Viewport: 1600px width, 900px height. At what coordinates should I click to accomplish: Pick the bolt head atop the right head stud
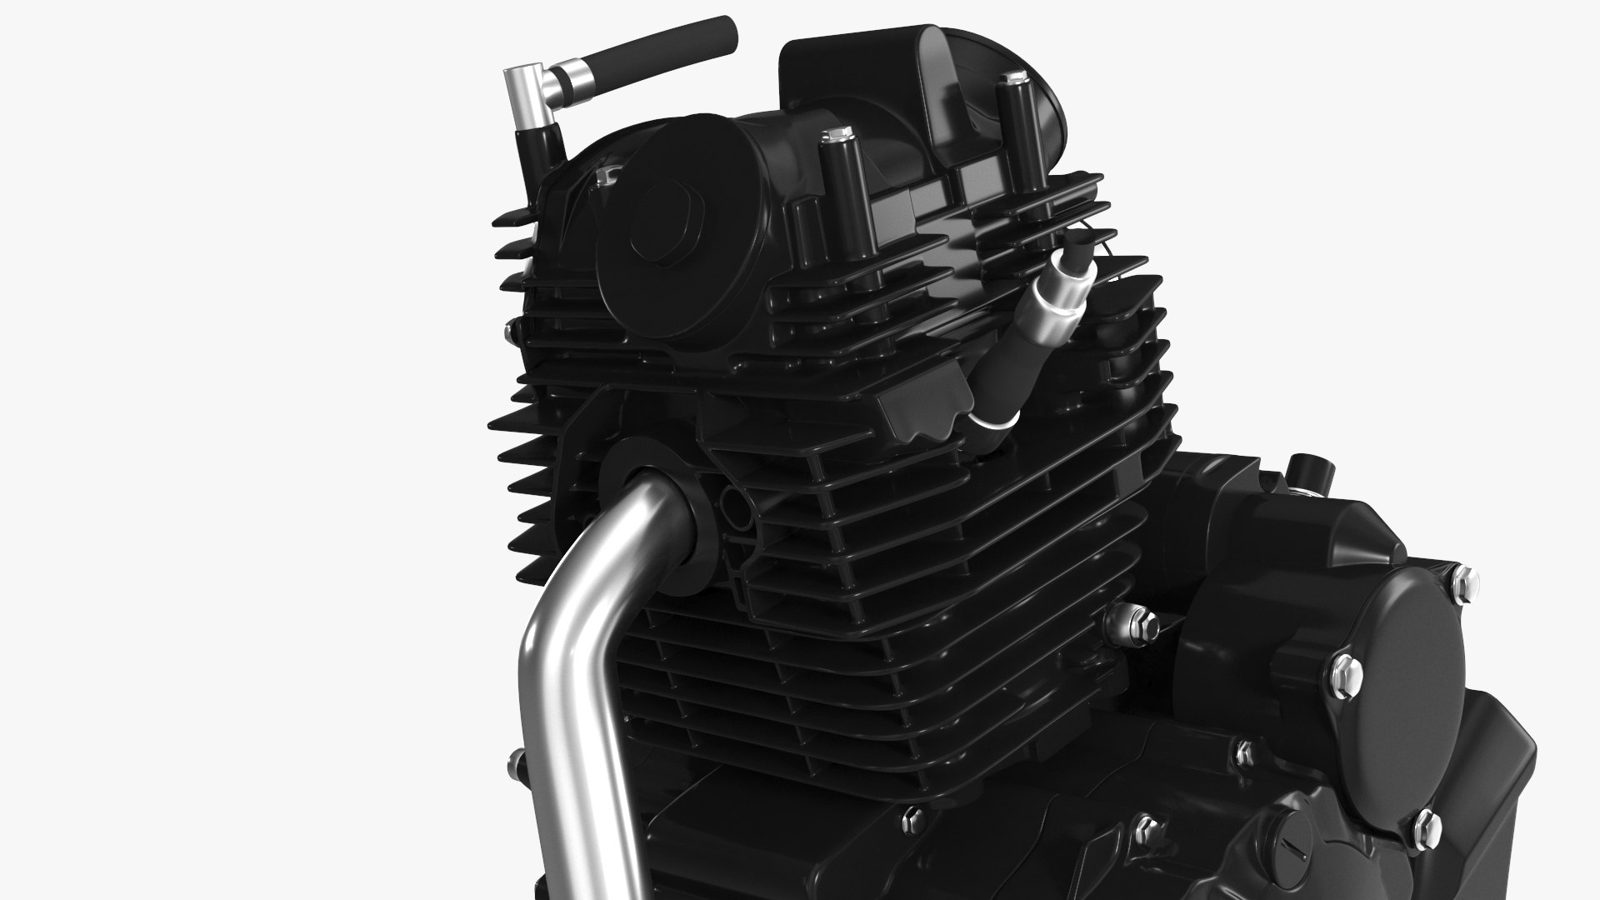[1013, 80]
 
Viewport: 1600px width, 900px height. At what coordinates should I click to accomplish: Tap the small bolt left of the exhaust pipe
[514, 759]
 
